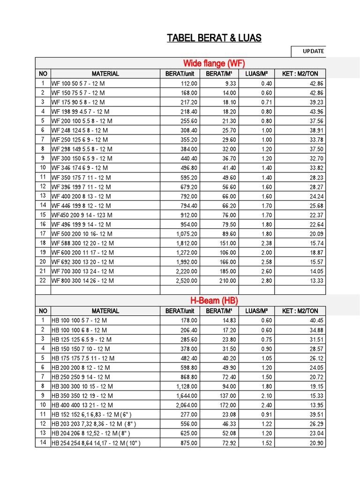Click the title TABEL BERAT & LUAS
pos(214,38)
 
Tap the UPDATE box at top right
pos(313,51)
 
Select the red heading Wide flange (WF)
pos(214,63)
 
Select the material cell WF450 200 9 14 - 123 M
pos(82,215)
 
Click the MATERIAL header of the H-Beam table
pos(105,311)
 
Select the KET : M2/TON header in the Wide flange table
pos(300,74)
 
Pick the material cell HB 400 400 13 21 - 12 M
pos(82,405)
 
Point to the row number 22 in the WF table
pos(43,281)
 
